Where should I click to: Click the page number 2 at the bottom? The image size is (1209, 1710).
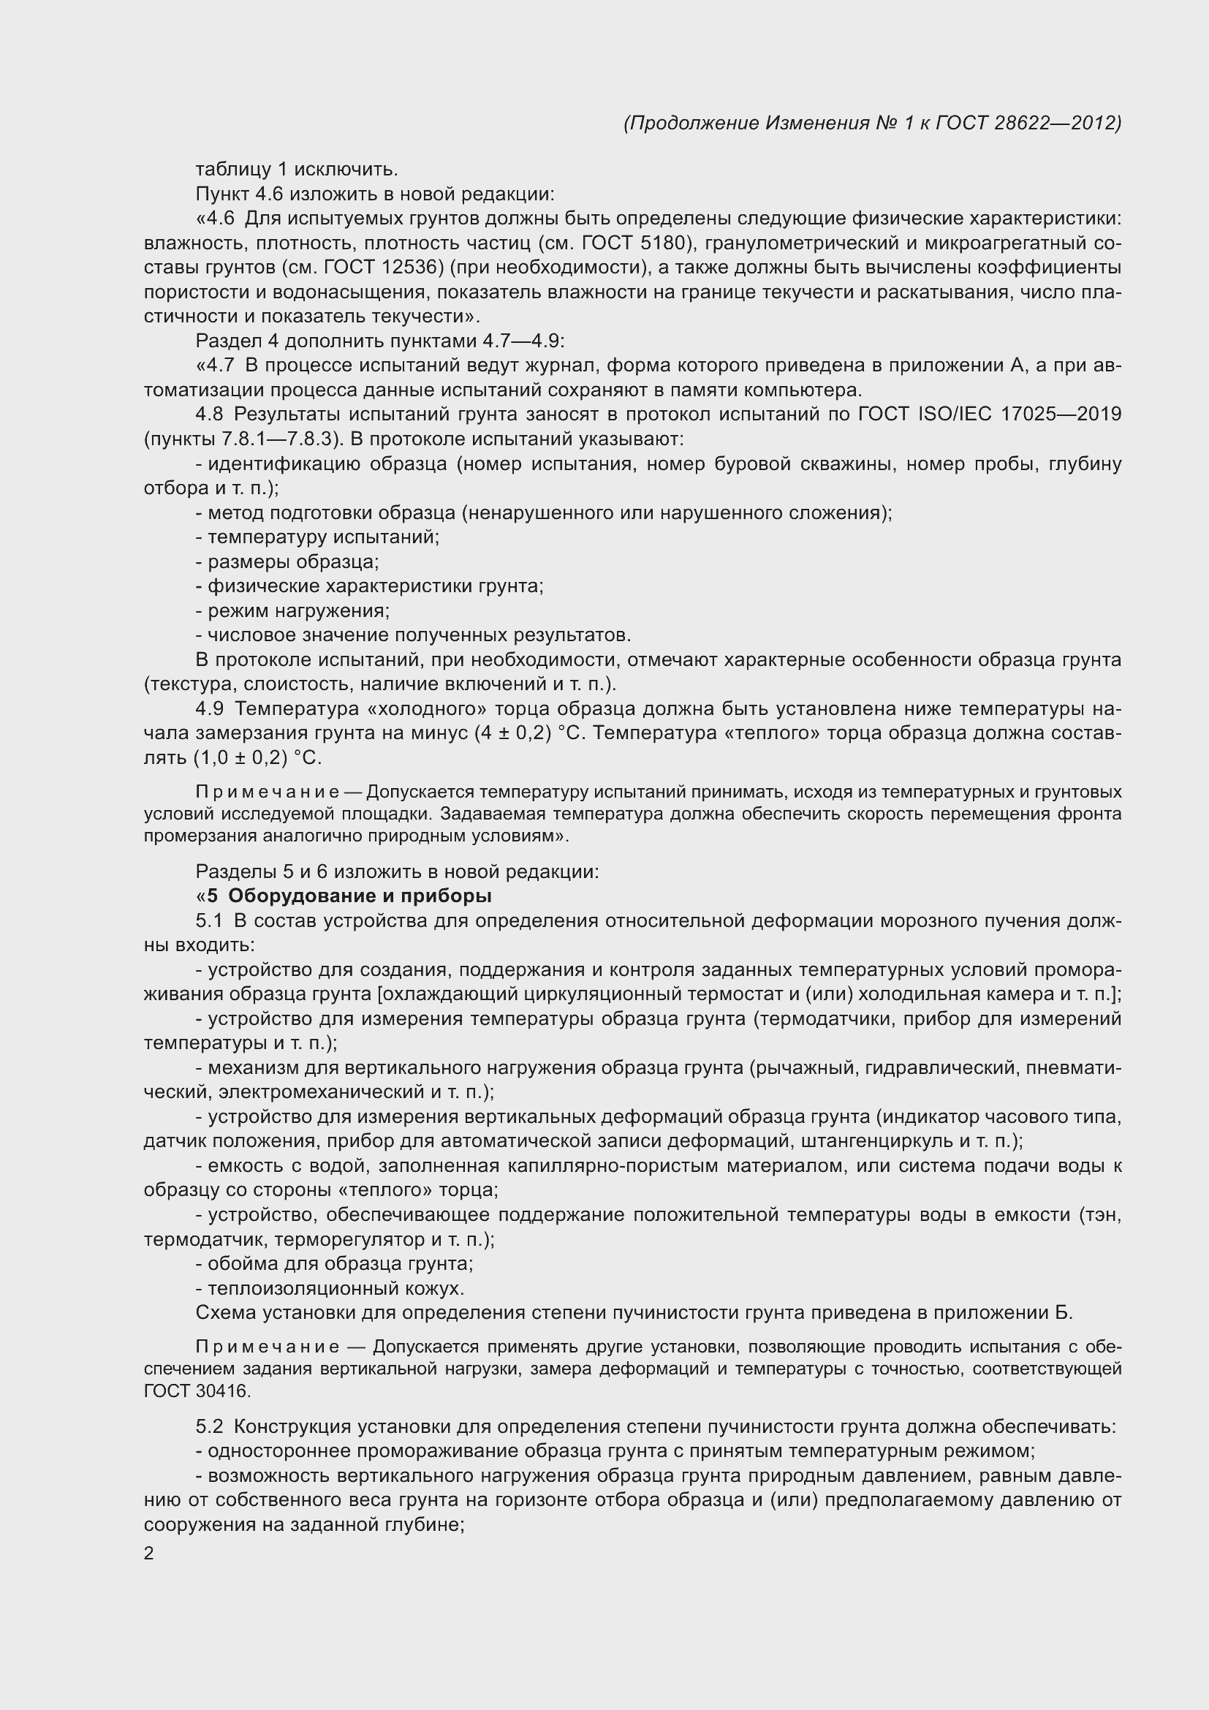coord(149,1554)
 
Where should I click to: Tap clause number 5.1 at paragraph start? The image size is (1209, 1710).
coord(209,921)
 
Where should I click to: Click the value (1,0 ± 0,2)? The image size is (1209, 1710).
coord(240,758)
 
